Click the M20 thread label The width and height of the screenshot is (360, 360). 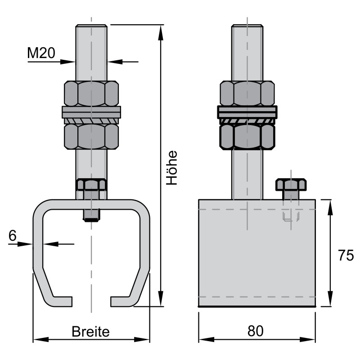pyautogui.click(x=41, y=53)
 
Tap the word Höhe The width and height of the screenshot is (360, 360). pyautogui.click(x=172, y=167)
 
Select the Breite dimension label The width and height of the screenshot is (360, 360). pyautogui.click(x=91, y=332)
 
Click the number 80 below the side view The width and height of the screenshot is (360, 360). pyautogui.click(x=255, y=331)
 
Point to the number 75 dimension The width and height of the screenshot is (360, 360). pyautogui.click(x=346, y=255)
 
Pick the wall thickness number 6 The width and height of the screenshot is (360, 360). pyautogui.click(x=13, y=235)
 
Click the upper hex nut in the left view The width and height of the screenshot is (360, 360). pyautogui.click(x=91, y=94)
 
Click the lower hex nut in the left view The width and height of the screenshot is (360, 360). pyautogui.click(x=91, y=137)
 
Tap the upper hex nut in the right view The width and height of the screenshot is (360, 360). pyautogui.click(x=247, y=94)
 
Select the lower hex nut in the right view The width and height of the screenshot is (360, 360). pyautogui.click(x=247, y=137)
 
